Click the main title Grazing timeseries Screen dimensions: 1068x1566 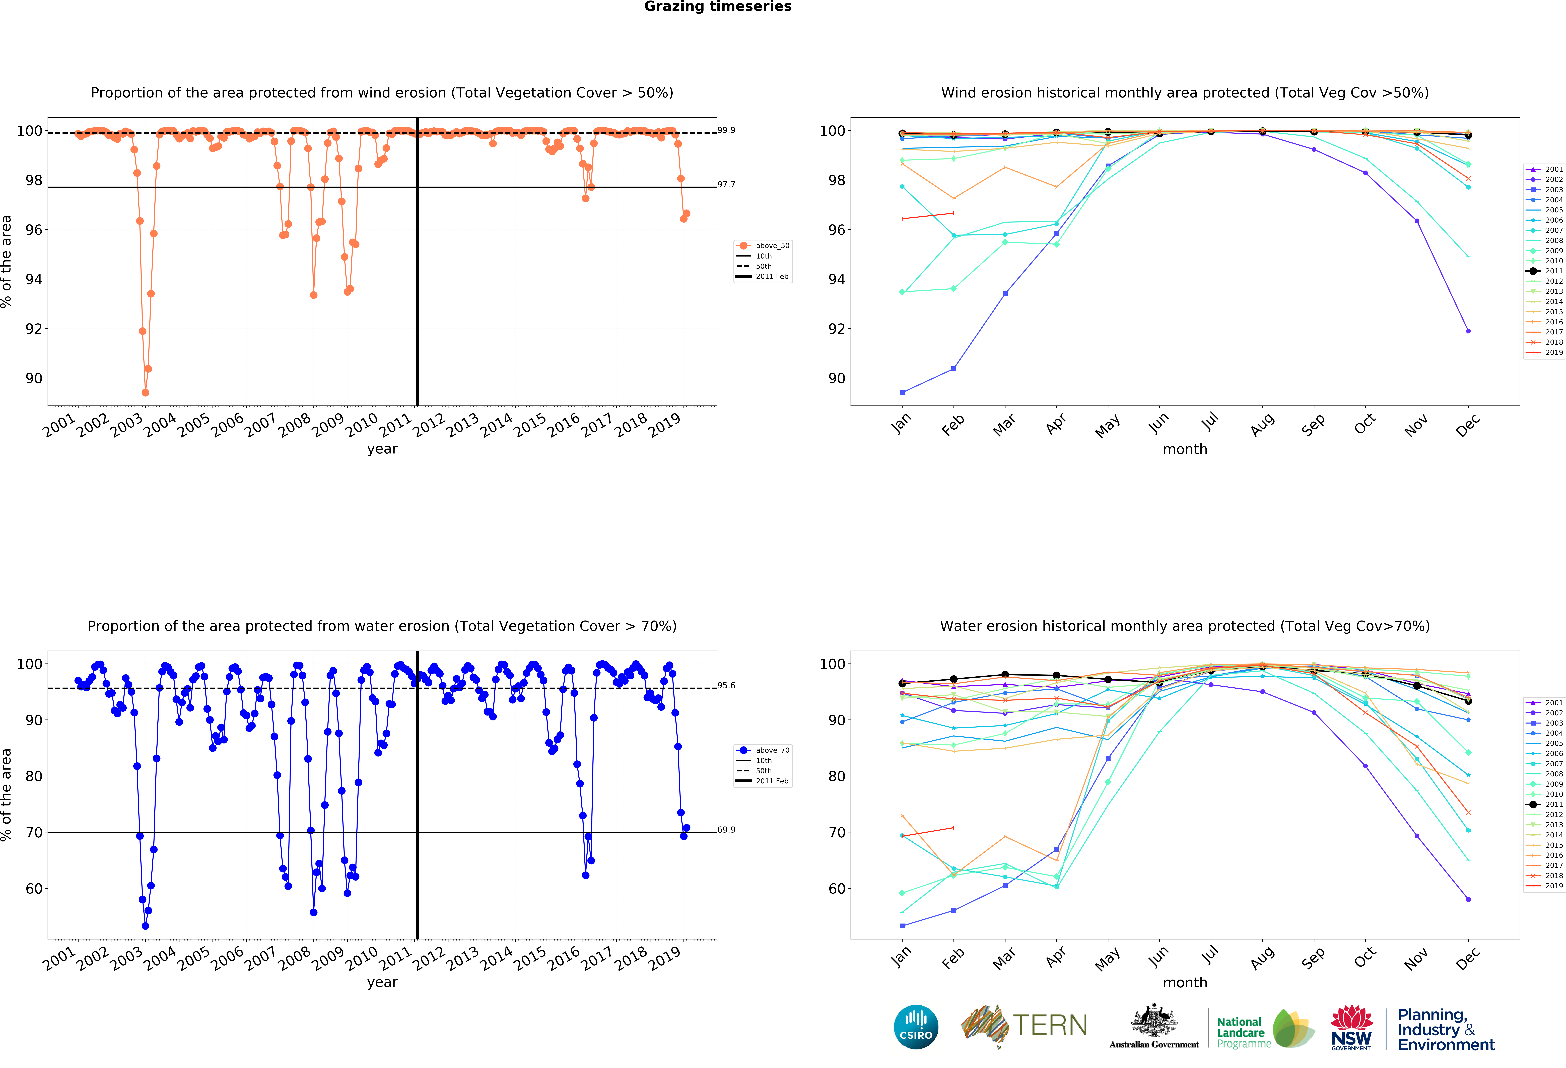click(x=718, y=7)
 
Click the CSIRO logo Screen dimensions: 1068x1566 click(x=916, y=1027)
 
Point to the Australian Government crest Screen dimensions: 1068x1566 click(x=1154, y=1022)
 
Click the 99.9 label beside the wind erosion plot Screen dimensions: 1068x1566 click(x=726, y=130)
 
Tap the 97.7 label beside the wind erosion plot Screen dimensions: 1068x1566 click(x=726, y=184)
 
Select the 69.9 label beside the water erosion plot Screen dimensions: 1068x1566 click(x=726, y=829)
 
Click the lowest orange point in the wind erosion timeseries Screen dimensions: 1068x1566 click(x=146, y=392)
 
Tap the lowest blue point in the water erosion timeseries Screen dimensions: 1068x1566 click(x=146, y=926)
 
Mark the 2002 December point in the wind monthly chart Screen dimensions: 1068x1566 click(x=1468, y=331)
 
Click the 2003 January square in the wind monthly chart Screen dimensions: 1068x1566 click(x=902, y=392)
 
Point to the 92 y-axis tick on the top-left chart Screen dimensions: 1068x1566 click(x=34, y=329)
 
